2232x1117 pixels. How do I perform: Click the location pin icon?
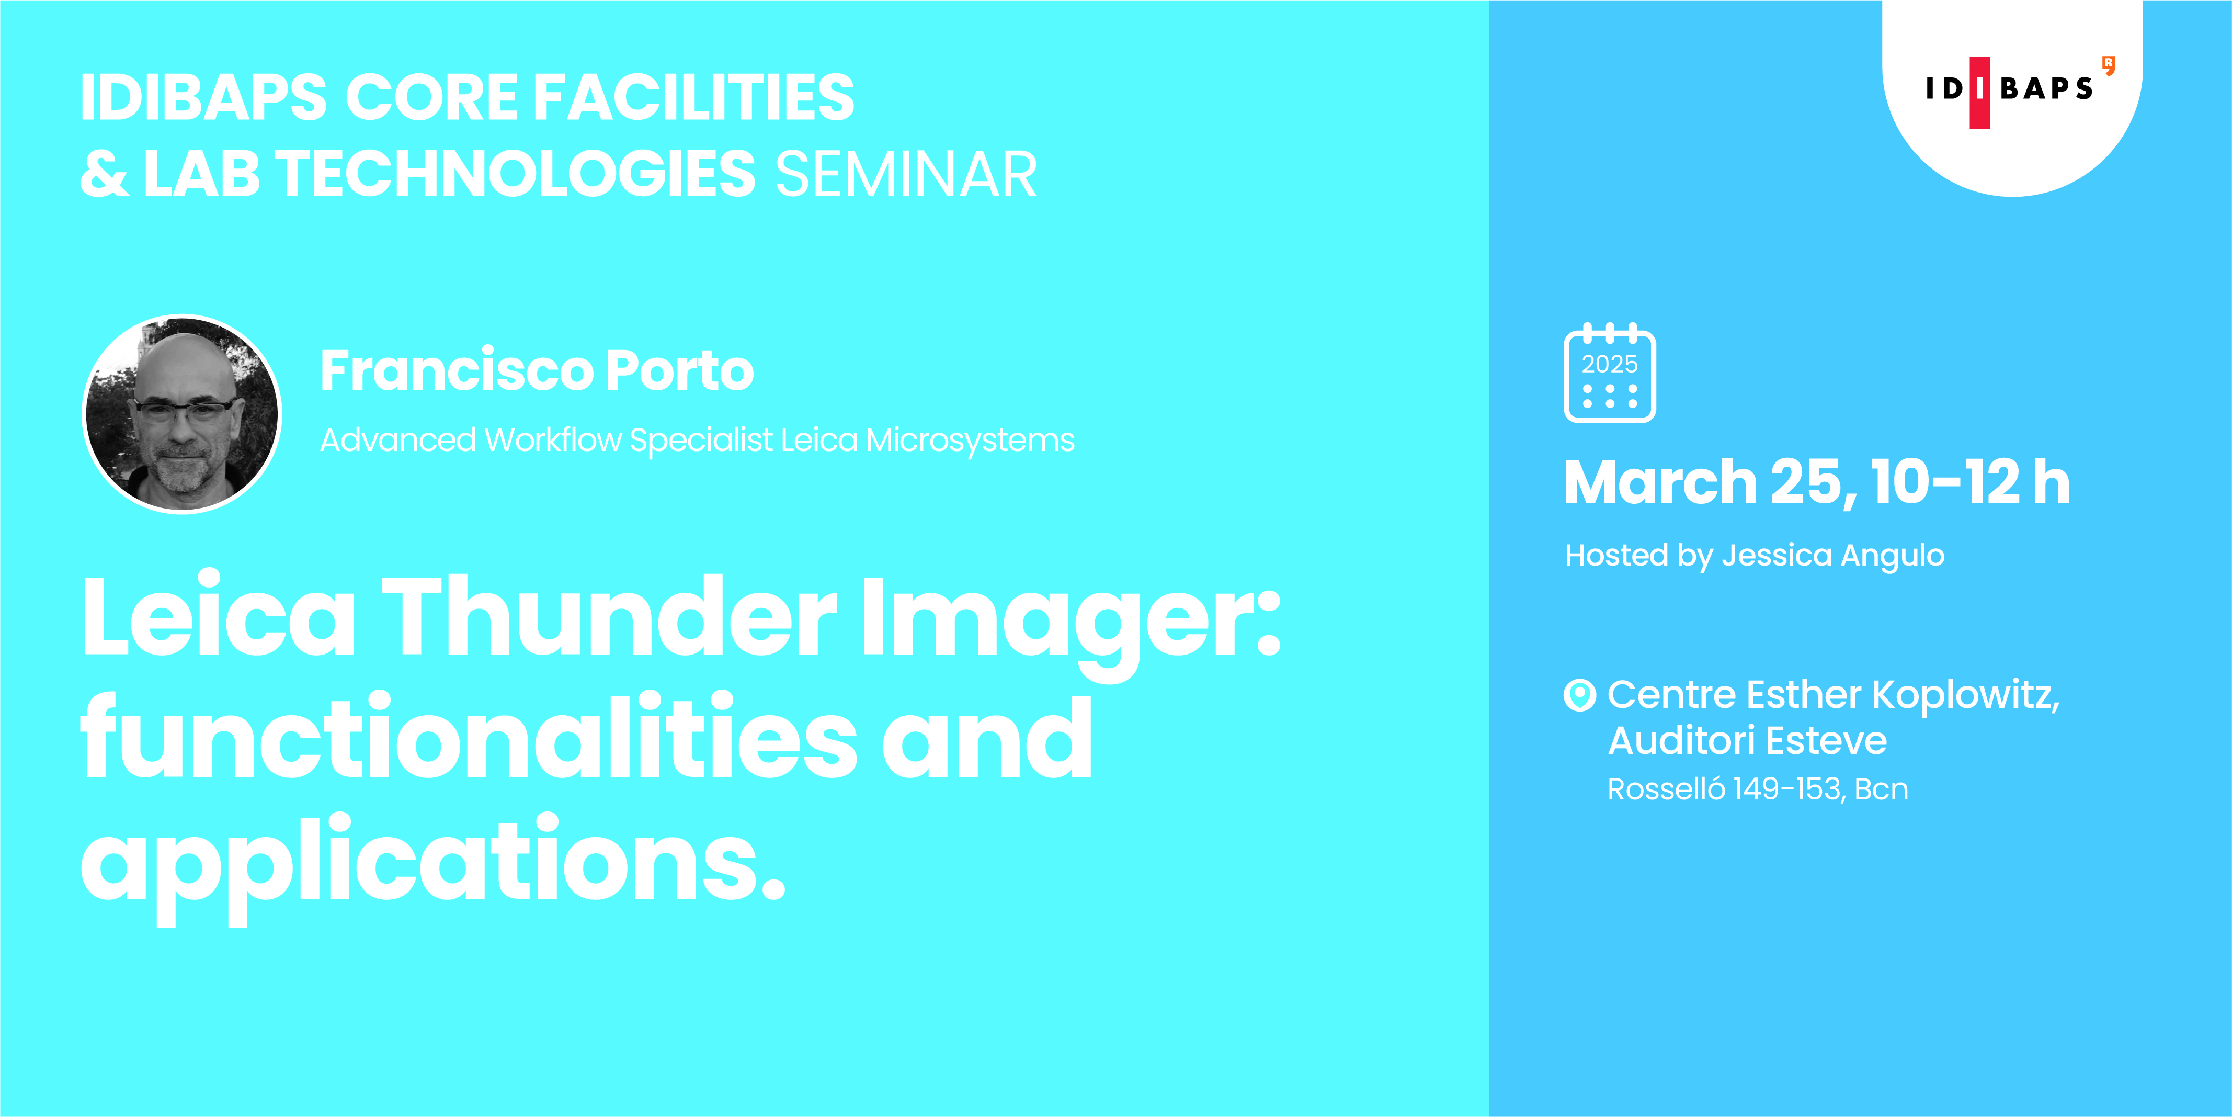[1579, 694]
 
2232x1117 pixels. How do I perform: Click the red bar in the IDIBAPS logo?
[1980, 92]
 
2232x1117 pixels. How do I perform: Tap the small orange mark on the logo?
[2108, 65]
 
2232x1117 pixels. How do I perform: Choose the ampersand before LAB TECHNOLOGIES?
[105, 174]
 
